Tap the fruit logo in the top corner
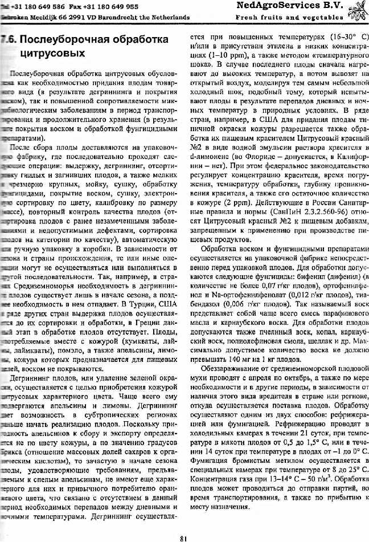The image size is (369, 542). tap(357, 10)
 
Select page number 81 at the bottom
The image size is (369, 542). tap(183, 535)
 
